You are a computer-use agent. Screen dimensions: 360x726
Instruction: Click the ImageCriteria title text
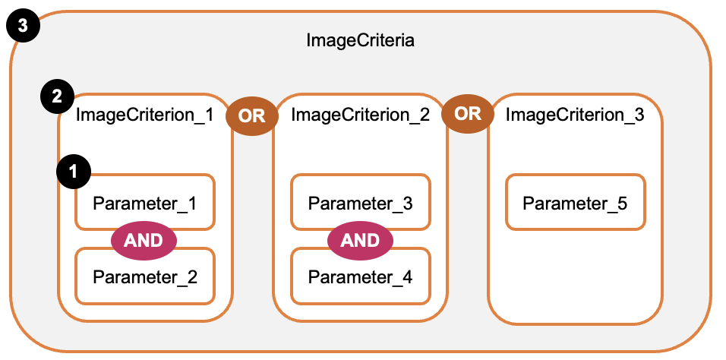point(360,40)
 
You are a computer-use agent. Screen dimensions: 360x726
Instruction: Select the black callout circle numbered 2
point(56,97)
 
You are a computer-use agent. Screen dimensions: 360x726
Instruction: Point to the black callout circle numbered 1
point(74,172)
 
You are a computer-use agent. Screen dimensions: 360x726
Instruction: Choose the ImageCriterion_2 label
point(360,115)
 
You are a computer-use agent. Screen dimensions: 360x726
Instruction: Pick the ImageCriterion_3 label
point(575,115)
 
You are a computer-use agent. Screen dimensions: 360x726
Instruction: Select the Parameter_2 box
point(144,276)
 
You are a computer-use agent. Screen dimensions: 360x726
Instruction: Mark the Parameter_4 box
point(360,276)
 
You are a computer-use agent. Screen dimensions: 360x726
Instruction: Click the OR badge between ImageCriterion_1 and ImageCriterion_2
point(251,116)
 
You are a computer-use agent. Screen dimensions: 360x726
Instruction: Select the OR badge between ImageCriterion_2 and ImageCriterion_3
point(467,113)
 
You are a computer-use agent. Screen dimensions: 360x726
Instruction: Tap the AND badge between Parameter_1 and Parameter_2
point(144,240)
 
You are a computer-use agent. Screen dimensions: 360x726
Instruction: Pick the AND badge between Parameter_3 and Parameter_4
point(360,240)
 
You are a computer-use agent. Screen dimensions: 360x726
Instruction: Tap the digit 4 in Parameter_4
point(407,276)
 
